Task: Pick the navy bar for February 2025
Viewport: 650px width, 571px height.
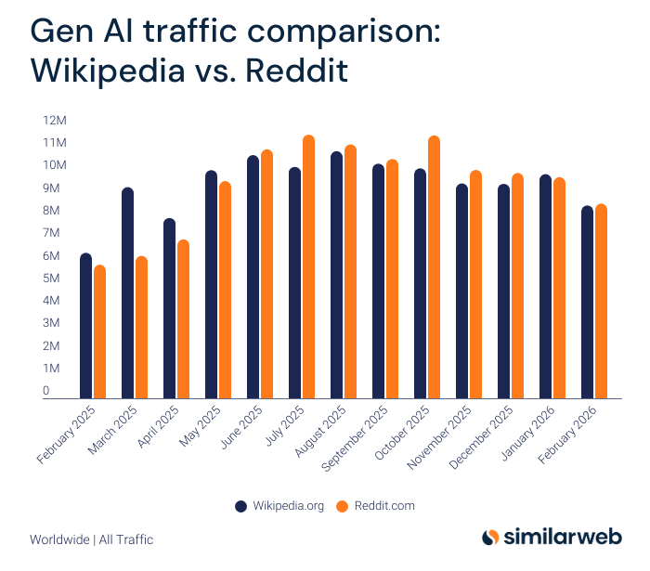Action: pos(85,325)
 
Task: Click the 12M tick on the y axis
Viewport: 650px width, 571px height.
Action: pos(54,121)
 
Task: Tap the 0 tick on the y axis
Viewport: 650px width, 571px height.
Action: pos(45,392)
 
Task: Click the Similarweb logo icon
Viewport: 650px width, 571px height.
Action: pos(491,538)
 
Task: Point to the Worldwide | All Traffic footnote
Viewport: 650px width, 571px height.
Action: pos(91,539)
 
